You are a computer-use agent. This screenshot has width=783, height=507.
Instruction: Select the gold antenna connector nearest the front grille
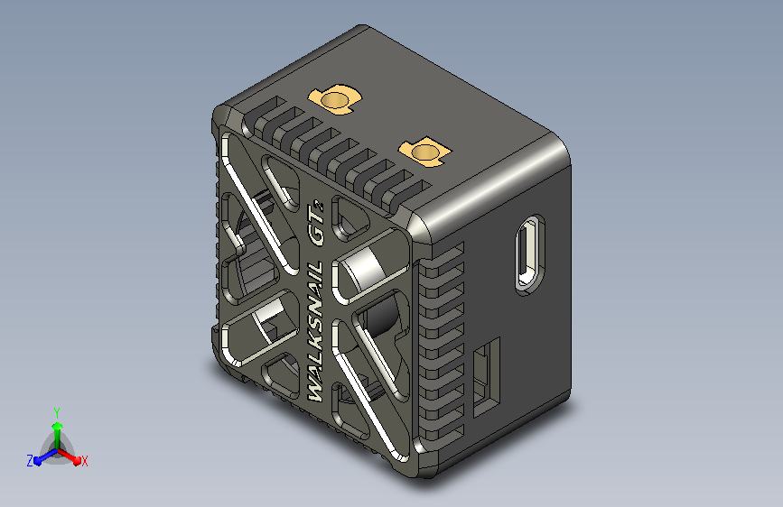pyautogui.click(x=335, y=98)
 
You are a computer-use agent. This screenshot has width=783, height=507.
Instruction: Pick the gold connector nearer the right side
pyautogui.click(x=424, y=152)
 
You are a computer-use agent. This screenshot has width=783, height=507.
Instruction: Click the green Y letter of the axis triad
pyautogui.click(x=56, y=411)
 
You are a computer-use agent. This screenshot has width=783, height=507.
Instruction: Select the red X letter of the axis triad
pyautogui.click(x=84, y=462)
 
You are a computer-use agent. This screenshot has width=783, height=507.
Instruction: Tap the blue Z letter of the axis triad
pyautogui.click(x=30, y=461)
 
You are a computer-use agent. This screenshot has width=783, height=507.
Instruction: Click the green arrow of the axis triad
pyautogui.click(x=56, y=429)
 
